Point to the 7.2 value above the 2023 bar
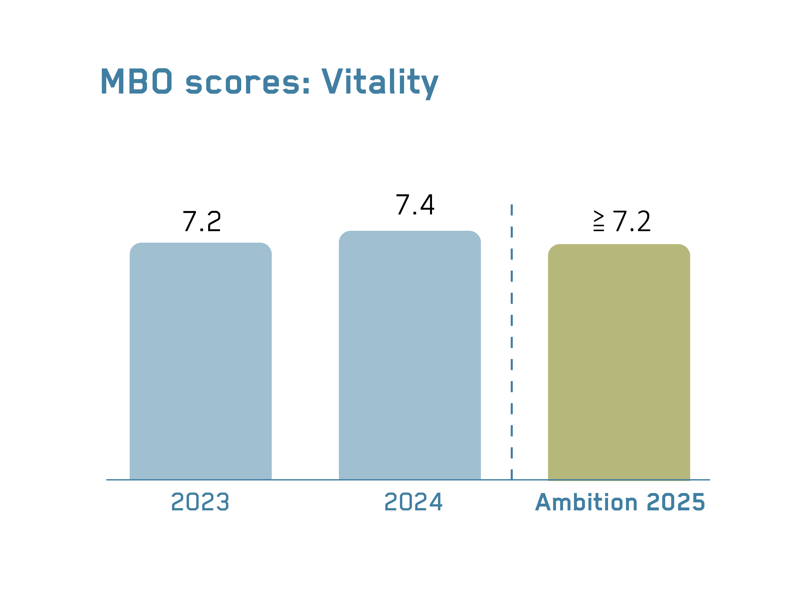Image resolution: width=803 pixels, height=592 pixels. pyautogui.click(x=202, y=221)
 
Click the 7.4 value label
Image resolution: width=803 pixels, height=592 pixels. pyautogui.click(x=415, y=205)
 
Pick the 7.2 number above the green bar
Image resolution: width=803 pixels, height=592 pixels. pyautogui.click(x=632, y=221)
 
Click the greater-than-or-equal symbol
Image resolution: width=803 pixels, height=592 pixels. pyautogui.click(x=598, y=221)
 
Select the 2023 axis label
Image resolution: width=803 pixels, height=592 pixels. pyautogui.click(x=200, y=502)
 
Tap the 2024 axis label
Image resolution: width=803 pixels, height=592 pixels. pyautogui.click(x=413, y=502)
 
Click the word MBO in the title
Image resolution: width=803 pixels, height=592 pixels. pyautogui.click(x=137, y=81)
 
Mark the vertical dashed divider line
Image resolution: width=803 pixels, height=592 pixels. pyautogui.click(x=511, y=340)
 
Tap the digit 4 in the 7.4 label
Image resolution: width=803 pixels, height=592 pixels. pyautogui.click(x=427, y=205)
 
